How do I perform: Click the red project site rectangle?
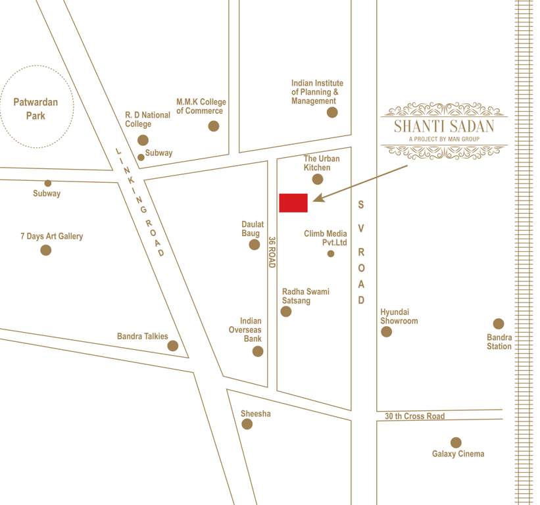point(293,203)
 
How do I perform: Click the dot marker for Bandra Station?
point(499,324)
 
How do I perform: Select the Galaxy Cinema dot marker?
point(456,443)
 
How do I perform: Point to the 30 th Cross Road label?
point(415,416)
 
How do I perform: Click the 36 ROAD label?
point(271,252)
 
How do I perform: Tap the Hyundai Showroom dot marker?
point(387,331)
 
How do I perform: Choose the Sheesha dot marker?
point(247,424)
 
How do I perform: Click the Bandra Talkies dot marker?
point(173,346)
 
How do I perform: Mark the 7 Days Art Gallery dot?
point(46,250)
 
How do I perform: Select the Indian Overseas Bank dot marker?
point(258,351)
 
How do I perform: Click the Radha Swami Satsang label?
point(306,296)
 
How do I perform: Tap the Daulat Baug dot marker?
point(255,245)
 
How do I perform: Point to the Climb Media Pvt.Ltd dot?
point(331,254)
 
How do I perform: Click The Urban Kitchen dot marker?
point(318,179)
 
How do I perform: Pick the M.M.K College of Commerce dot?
point(214,126)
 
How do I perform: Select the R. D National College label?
point(147,119)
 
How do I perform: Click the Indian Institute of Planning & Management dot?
point(332,112)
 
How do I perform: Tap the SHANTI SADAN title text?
point(444,126)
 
